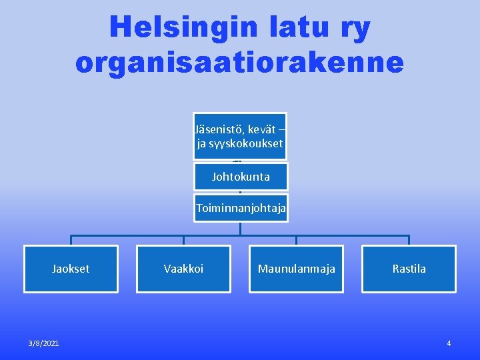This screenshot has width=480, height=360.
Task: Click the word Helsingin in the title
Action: tap(182, 27)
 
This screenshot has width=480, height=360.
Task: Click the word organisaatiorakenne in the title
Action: tap(240, 62)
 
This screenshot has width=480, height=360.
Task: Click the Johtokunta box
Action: tap(241, 177)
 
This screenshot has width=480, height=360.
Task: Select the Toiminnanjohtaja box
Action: tap(241, 209)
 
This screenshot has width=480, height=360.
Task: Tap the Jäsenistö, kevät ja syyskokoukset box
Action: tap(240, 136)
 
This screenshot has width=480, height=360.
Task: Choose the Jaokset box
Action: tap(71, 269)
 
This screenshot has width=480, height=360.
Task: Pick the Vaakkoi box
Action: tap(183, 269)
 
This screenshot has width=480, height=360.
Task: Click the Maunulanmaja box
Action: tap(296, 269)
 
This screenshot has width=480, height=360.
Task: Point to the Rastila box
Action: tap(409, 269)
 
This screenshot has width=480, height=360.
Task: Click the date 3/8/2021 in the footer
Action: tap(43, 343)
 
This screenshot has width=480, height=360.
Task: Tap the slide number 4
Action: tap(449, 343)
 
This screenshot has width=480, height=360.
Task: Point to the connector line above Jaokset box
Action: tap(71, 240)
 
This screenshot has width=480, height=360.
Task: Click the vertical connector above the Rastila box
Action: tap(409, 240)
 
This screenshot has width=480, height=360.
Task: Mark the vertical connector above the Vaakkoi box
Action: tap(184, 240)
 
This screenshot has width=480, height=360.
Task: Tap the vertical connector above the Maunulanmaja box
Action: tap(297, 240)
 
